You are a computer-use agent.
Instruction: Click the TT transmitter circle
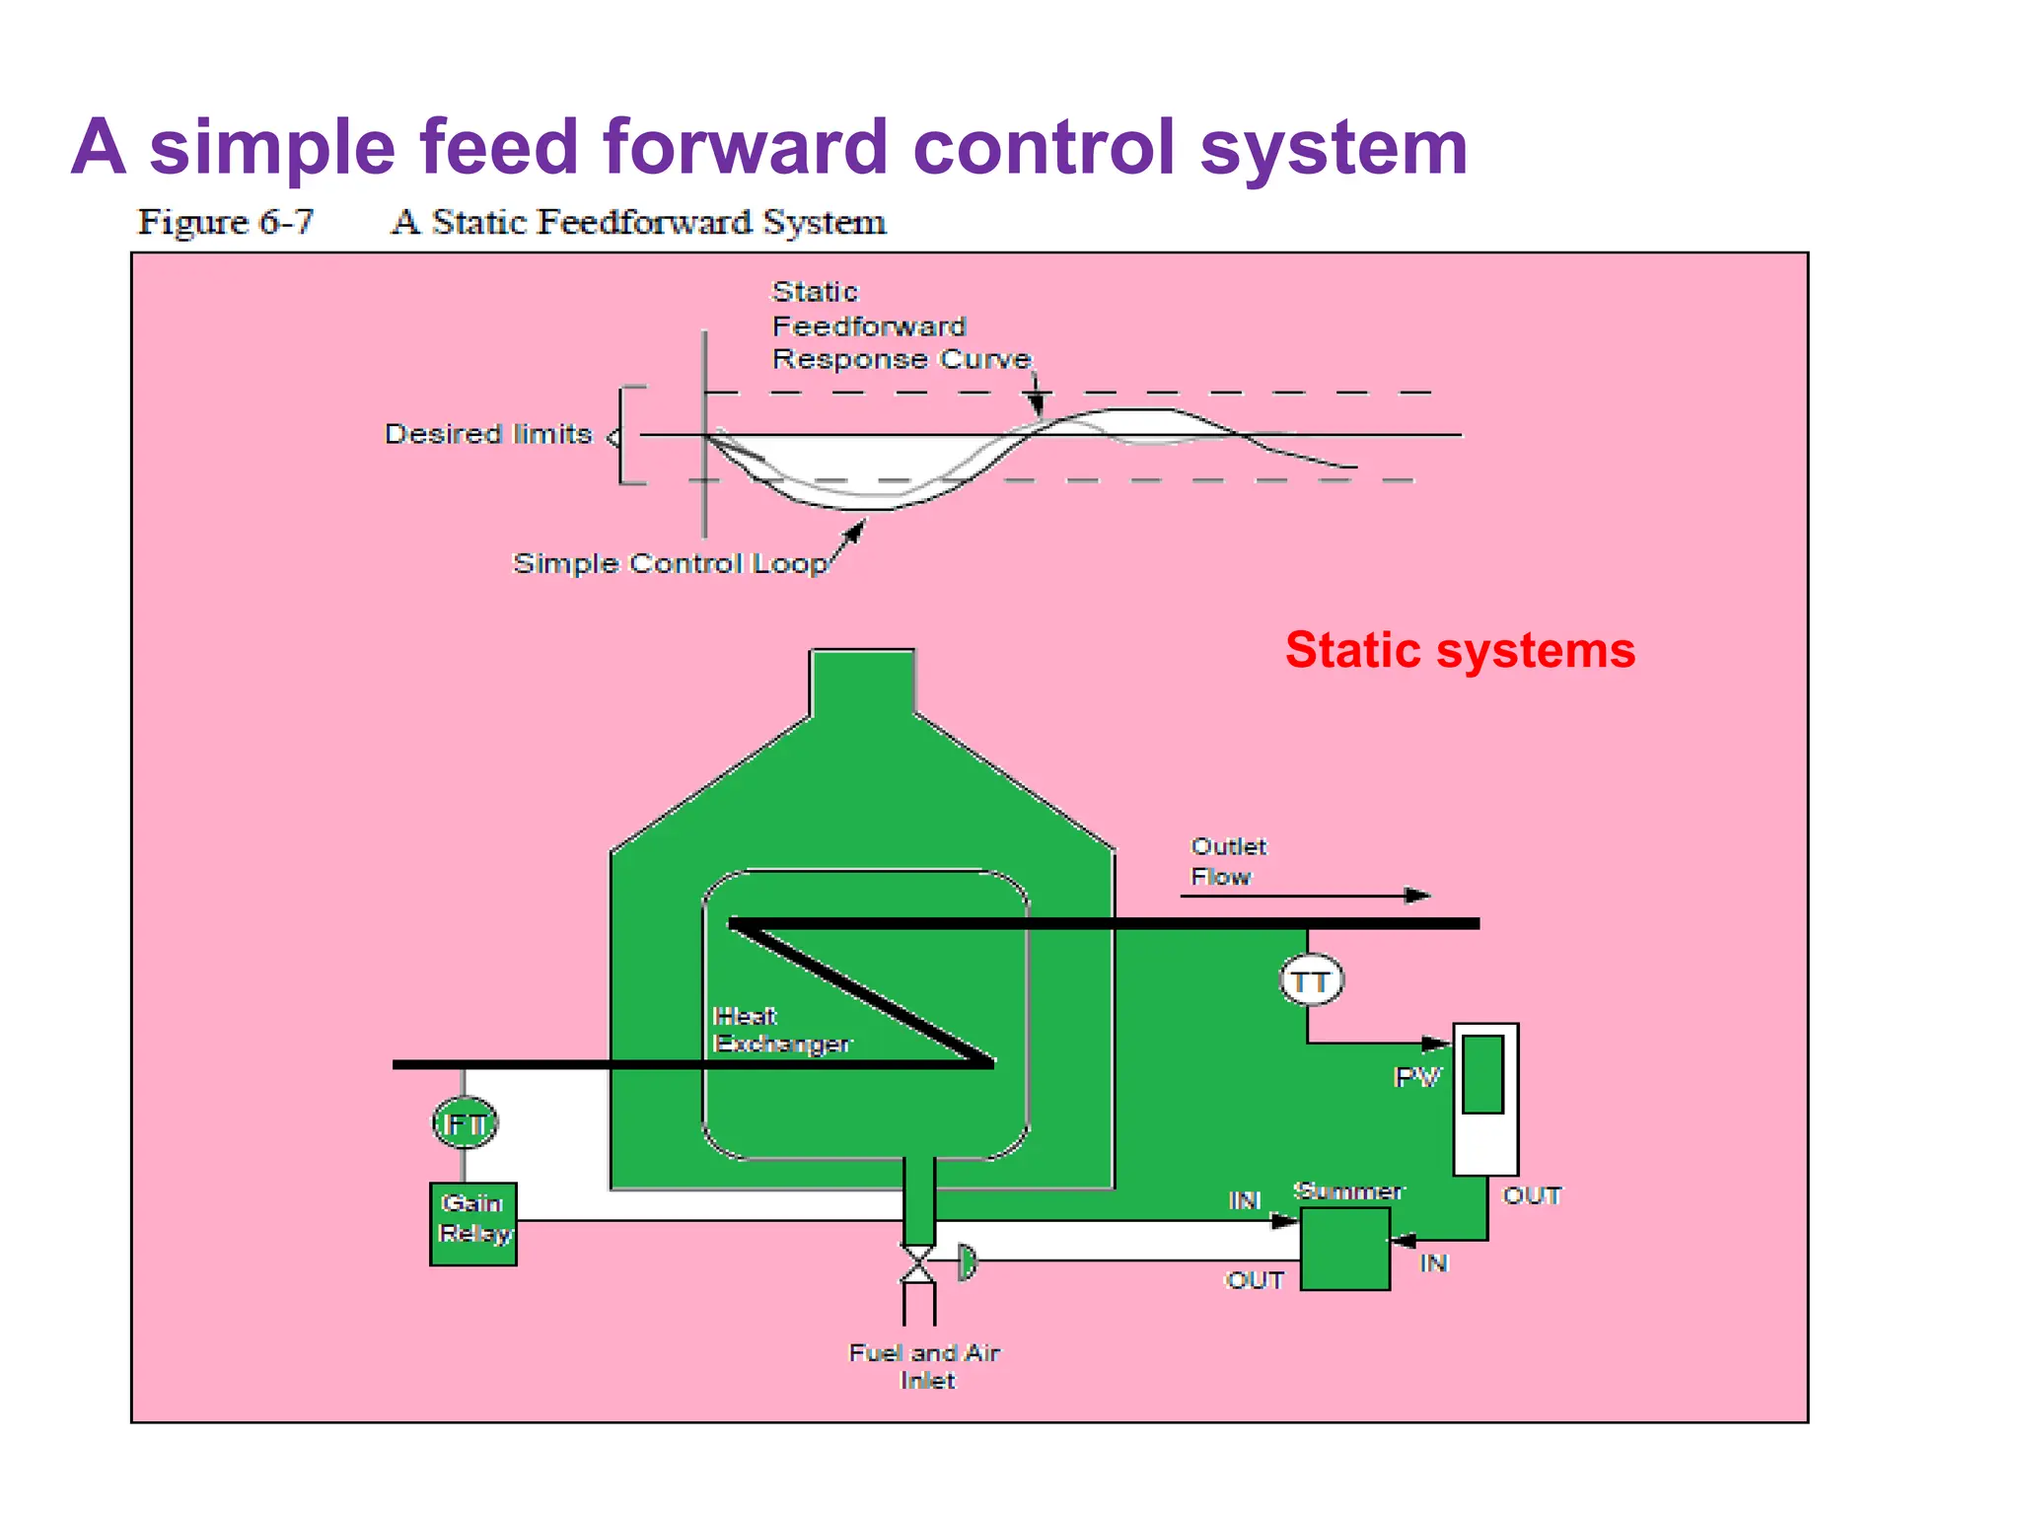pos(1311,981)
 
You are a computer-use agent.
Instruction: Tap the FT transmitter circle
pos(466,1123)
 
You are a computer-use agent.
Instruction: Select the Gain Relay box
pos(473,1223)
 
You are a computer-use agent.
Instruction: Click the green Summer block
pos(1345,1249)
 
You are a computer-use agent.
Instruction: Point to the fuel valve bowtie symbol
pos(918,1263)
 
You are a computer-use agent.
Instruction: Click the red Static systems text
pos(1460,651)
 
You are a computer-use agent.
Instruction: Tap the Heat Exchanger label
pos(781,1030)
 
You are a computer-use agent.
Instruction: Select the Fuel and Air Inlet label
pos(925,1366)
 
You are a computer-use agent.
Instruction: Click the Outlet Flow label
pos(1228,861)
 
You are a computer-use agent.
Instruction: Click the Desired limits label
pos(488,434)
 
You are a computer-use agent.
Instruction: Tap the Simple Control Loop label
pos(670,563)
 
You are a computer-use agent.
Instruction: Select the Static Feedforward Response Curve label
pos(900,325)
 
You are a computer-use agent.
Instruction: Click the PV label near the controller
pos(1417,1077)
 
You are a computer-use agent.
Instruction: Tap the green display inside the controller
pos(1483,1073)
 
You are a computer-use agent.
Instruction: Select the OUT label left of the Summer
pos(1255,1280)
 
